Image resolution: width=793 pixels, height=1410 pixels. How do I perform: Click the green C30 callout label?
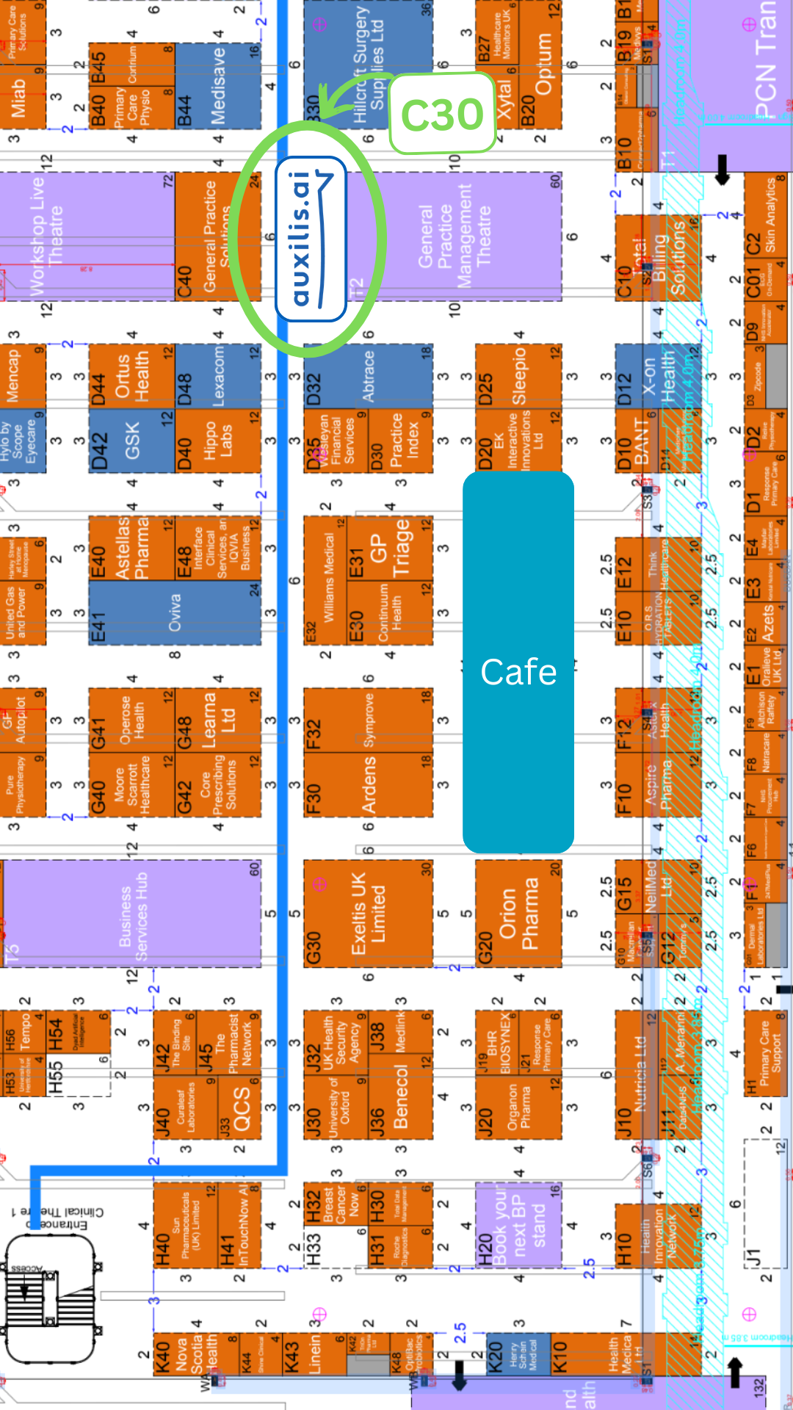pyautogui.click(x=442, y=114)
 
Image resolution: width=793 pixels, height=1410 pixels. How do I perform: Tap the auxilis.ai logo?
pyautogui.click(x=311, y=239)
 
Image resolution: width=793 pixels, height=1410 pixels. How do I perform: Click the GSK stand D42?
pyautogui.click(x=132, y=441)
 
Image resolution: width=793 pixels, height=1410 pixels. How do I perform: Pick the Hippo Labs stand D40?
pyautogui.click(x=218, y=441)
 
